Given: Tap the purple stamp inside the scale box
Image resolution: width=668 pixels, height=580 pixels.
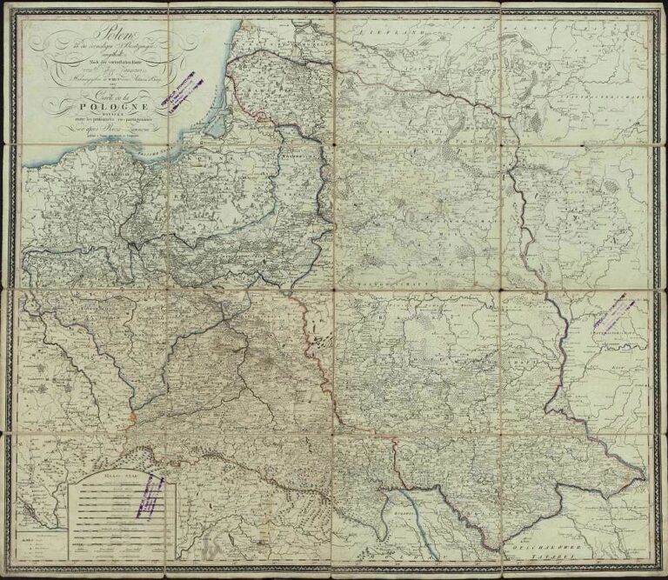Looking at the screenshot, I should pos(151,497).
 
